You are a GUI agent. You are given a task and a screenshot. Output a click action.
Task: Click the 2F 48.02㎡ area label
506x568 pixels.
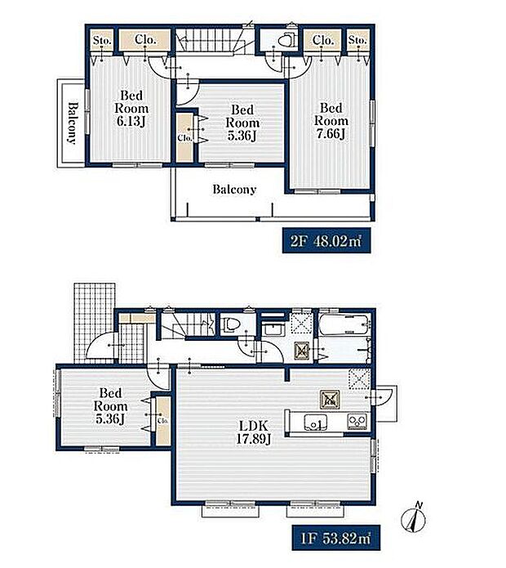click(326, 240)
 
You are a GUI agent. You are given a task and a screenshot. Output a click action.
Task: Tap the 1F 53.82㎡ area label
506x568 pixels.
click(336, 538)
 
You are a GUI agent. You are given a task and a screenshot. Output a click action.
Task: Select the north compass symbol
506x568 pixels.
click(414, 517)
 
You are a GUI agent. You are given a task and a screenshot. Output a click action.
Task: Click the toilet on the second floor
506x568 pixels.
click(286, 40)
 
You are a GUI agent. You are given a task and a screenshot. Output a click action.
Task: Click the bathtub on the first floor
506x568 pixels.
click(344, 324)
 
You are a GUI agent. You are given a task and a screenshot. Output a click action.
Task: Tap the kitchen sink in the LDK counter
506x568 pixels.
click(315, 423)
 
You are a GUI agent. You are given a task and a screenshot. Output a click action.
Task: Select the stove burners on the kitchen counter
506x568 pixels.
click(357, 422)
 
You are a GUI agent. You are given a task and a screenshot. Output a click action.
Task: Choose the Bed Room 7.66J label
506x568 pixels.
click(331, 121)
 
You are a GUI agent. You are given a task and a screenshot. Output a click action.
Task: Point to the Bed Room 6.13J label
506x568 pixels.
click(131, 109)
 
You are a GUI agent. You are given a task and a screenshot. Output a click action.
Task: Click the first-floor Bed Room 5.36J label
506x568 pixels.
click(110, 405)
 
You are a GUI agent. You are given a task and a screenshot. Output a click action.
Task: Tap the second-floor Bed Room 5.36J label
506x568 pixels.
click(242, 123)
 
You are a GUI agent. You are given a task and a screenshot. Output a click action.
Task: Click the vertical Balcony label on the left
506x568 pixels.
click(73, 123)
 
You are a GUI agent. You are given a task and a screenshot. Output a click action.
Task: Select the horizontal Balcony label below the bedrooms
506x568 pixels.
click(234, 189)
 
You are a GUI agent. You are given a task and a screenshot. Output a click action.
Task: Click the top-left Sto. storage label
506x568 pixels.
click(102, 40)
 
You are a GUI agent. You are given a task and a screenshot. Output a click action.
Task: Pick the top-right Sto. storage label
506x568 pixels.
click(357, 39)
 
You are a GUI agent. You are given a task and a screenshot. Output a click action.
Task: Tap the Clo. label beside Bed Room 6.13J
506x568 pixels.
click(145, 39)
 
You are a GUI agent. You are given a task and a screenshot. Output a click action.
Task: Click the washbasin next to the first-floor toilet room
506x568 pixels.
click(273, 329)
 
